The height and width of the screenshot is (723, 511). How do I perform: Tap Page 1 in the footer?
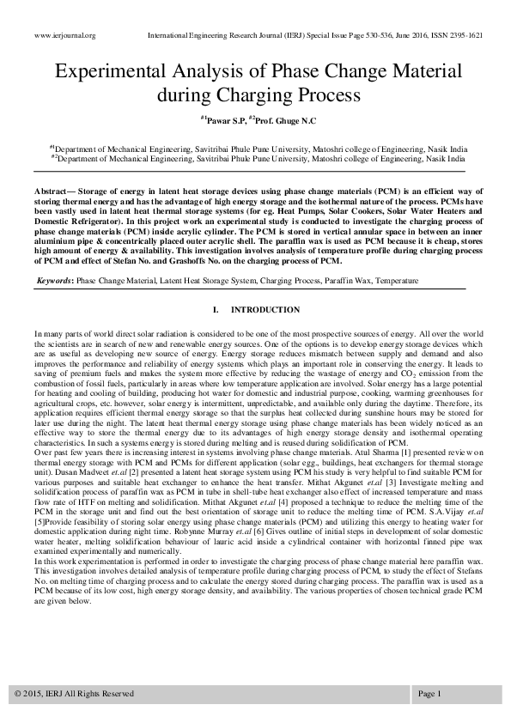[x=429, y=693]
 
